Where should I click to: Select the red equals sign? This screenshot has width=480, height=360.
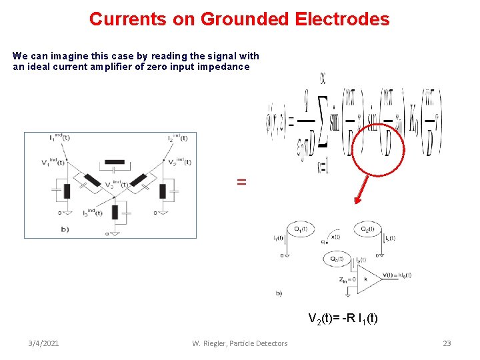241,181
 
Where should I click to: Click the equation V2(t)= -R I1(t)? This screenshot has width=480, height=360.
343,318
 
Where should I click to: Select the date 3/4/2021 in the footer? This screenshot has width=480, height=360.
43,343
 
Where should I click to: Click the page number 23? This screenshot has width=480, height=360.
447,343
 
